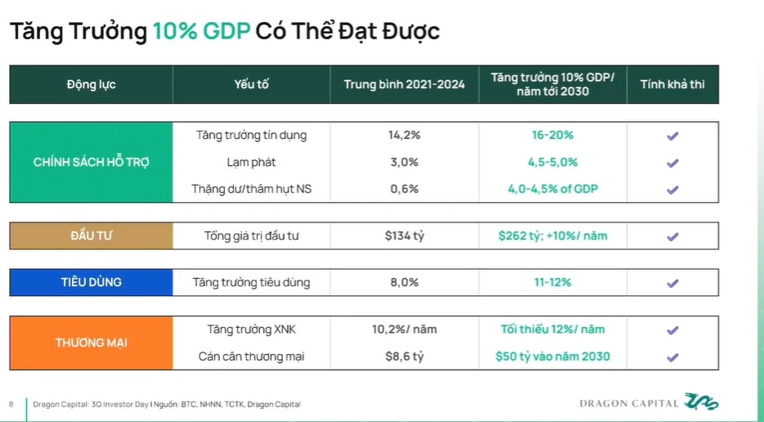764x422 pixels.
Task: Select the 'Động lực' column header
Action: click(91, 84)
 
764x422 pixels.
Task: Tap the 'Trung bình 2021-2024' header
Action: click(404, 84)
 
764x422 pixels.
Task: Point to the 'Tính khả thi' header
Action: click(672, 84)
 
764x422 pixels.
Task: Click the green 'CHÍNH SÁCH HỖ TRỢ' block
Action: click(91, 162)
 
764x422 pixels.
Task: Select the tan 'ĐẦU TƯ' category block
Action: click(91, 236)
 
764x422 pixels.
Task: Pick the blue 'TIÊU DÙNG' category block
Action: click(91, 282)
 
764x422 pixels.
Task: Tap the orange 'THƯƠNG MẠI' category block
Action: click(91, 343)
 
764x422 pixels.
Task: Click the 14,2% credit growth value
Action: click(404, 135)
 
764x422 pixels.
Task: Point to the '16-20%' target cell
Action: click(552, 135)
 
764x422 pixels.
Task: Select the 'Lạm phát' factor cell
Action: click(251, 162)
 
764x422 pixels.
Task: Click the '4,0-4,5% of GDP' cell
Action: click(552, 189)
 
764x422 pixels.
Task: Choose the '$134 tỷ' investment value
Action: click(404, 236)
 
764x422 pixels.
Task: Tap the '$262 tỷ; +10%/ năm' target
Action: click(552, 236)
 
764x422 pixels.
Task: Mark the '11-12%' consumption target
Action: click(552, 282)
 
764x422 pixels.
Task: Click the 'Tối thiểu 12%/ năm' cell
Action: click(552, 330)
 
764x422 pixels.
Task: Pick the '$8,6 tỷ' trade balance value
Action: click(404, 357)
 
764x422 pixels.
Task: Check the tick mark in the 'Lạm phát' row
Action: click(672, 163)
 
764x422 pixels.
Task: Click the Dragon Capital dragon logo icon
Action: click(702, 402)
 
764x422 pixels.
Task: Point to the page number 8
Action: click(11, 404)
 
